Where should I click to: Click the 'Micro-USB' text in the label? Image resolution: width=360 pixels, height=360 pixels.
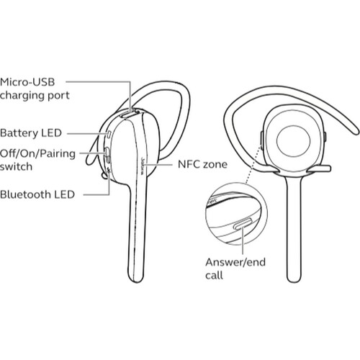coord(27,82)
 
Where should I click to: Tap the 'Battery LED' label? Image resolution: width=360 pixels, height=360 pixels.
coord(31,133)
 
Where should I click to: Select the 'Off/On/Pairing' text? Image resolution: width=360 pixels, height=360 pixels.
coord(37,154)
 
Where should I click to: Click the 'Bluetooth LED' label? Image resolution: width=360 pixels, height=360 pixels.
coord(37,194)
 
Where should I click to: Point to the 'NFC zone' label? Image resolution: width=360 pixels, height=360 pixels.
coord(202,164)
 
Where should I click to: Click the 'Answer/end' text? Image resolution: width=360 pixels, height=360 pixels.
coord(235,262)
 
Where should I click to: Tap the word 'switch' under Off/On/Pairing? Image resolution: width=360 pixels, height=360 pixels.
coord(16,166)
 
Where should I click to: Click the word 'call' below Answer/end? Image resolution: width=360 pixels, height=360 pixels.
coord(214,275)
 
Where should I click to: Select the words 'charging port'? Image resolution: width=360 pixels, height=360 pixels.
coord(35,96)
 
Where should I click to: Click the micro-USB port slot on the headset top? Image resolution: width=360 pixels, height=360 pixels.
coord(130,114)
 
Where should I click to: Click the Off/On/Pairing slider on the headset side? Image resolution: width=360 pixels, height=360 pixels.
coord(107,155)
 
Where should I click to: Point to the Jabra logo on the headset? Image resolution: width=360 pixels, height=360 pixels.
coord(142,166)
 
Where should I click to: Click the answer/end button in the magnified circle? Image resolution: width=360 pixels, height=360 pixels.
coord(243,224)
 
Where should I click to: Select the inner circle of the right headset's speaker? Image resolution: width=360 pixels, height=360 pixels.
coord(293,141)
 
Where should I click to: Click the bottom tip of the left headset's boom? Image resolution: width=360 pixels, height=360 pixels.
coord(135,282)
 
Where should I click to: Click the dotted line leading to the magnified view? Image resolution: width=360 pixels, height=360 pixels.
coord(253,164)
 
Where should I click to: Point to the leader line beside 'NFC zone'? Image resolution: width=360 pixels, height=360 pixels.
coord(158,165)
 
